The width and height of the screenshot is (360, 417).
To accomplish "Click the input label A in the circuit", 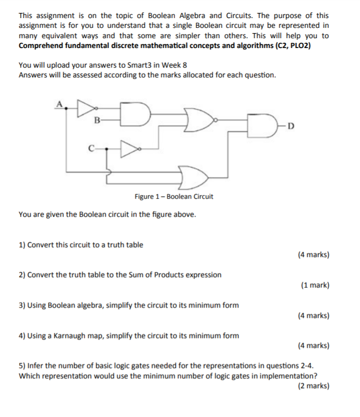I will [x=59, y=105].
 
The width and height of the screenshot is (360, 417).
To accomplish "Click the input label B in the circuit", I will [x=97, y=121].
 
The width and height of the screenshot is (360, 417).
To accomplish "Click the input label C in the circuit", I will [x=91, y=150].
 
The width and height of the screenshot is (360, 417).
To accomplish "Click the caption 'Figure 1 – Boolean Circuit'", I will [x=174, y=197].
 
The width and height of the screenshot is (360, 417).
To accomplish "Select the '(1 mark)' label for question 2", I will [x=315, y=285].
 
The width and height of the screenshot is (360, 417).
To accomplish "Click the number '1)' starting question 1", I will [x=22, y=245].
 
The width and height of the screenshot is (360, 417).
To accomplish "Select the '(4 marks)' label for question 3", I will [x=314, y=315].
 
